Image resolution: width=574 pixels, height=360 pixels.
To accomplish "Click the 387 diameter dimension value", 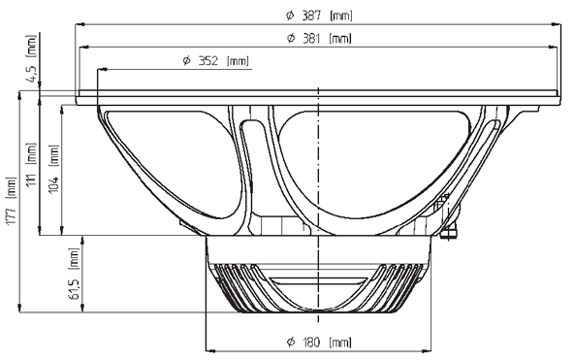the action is click(x=311, y=16).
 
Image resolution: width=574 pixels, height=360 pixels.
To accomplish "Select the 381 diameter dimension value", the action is click(x=311, y=38).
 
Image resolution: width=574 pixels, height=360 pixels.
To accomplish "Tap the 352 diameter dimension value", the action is click(x=207, y=60).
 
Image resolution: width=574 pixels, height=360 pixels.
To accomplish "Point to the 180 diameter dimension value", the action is click(x=311, y=343).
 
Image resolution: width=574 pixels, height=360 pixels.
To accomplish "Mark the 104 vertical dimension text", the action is click(x=53, y=185).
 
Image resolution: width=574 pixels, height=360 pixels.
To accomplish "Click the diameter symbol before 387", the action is click(x=290, y=16).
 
